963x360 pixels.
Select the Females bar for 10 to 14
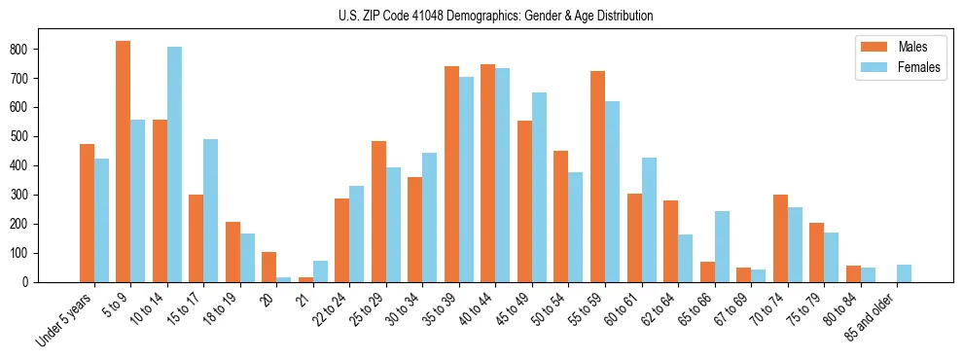pyautogui.click(x=174, y=164)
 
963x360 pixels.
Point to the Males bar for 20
pyautogui.click(x=269, y=267)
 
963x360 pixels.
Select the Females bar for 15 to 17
pyautogui.click(x=211, y=210)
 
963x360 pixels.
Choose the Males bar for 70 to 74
pyautogui.click(x=780, y=238)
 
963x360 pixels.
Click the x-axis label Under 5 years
pyautogui.click(x=66, y=320)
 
